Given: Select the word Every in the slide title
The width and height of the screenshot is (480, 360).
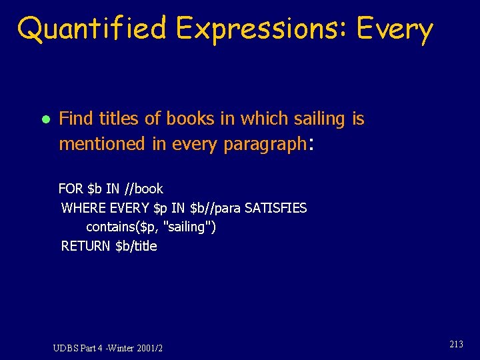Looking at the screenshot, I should pyautogui.click(x=395, y=29).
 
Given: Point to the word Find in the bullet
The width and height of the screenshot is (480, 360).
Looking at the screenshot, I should pyautogui.click(x=75, y=119).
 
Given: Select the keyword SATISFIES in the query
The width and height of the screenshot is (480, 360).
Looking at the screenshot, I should pyautogui.click(x=276, y=208).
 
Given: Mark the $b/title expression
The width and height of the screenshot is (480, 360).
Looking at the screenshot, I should pyautogui.click(x=137, y=246).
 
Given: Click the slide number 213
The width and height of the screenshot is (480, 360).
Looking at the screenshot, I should pyautogui.click(x=456, y=345).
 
